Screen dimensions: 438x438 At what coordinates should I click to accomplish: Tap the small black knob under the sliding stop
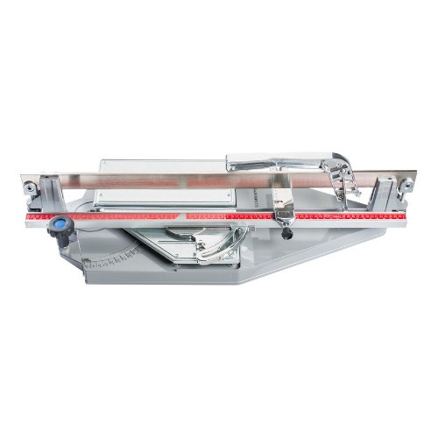point(285,232)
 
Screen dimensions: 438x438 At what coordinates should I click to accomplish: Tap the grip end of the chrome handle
point(241,163)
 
